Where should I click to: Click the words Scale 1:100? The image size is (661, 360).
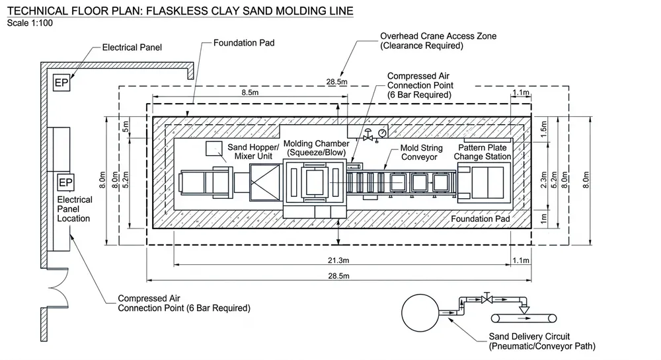point(30,23)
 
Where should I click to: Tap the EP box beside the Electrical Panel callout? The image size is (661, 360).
point(61,83)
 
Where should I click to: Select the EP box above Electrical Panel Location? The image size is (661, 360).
point(65,182)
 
